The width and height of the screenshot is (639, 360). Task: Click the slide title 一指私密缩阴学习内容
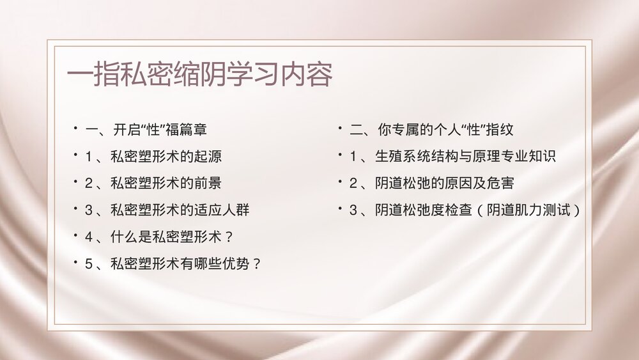pyautogui.click(x=200, y=75)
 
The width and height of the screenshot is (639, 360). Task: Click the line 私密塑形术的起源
pyautogui.click(x=166, y=157)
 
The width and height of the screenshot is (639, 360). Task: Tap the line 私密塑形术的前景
pyautogui.click(x=166, y=184)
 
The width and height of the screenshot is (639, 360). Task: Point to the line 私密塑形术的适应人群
pyautogui.click(x=180, y=210)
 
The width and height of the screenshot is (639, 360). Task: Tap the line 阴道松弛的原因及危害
pyautogui.click(x=445, y=184)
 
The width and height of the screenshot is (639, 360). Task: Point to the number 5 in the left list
pyautogui.click(x=89, y=263)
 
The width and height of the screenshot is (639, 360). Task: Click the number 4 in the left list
pyautogui.click(x=89, y=237)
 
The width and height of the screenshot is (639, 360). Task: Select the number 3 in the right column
pyautogui.click(x=353, y=210)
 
